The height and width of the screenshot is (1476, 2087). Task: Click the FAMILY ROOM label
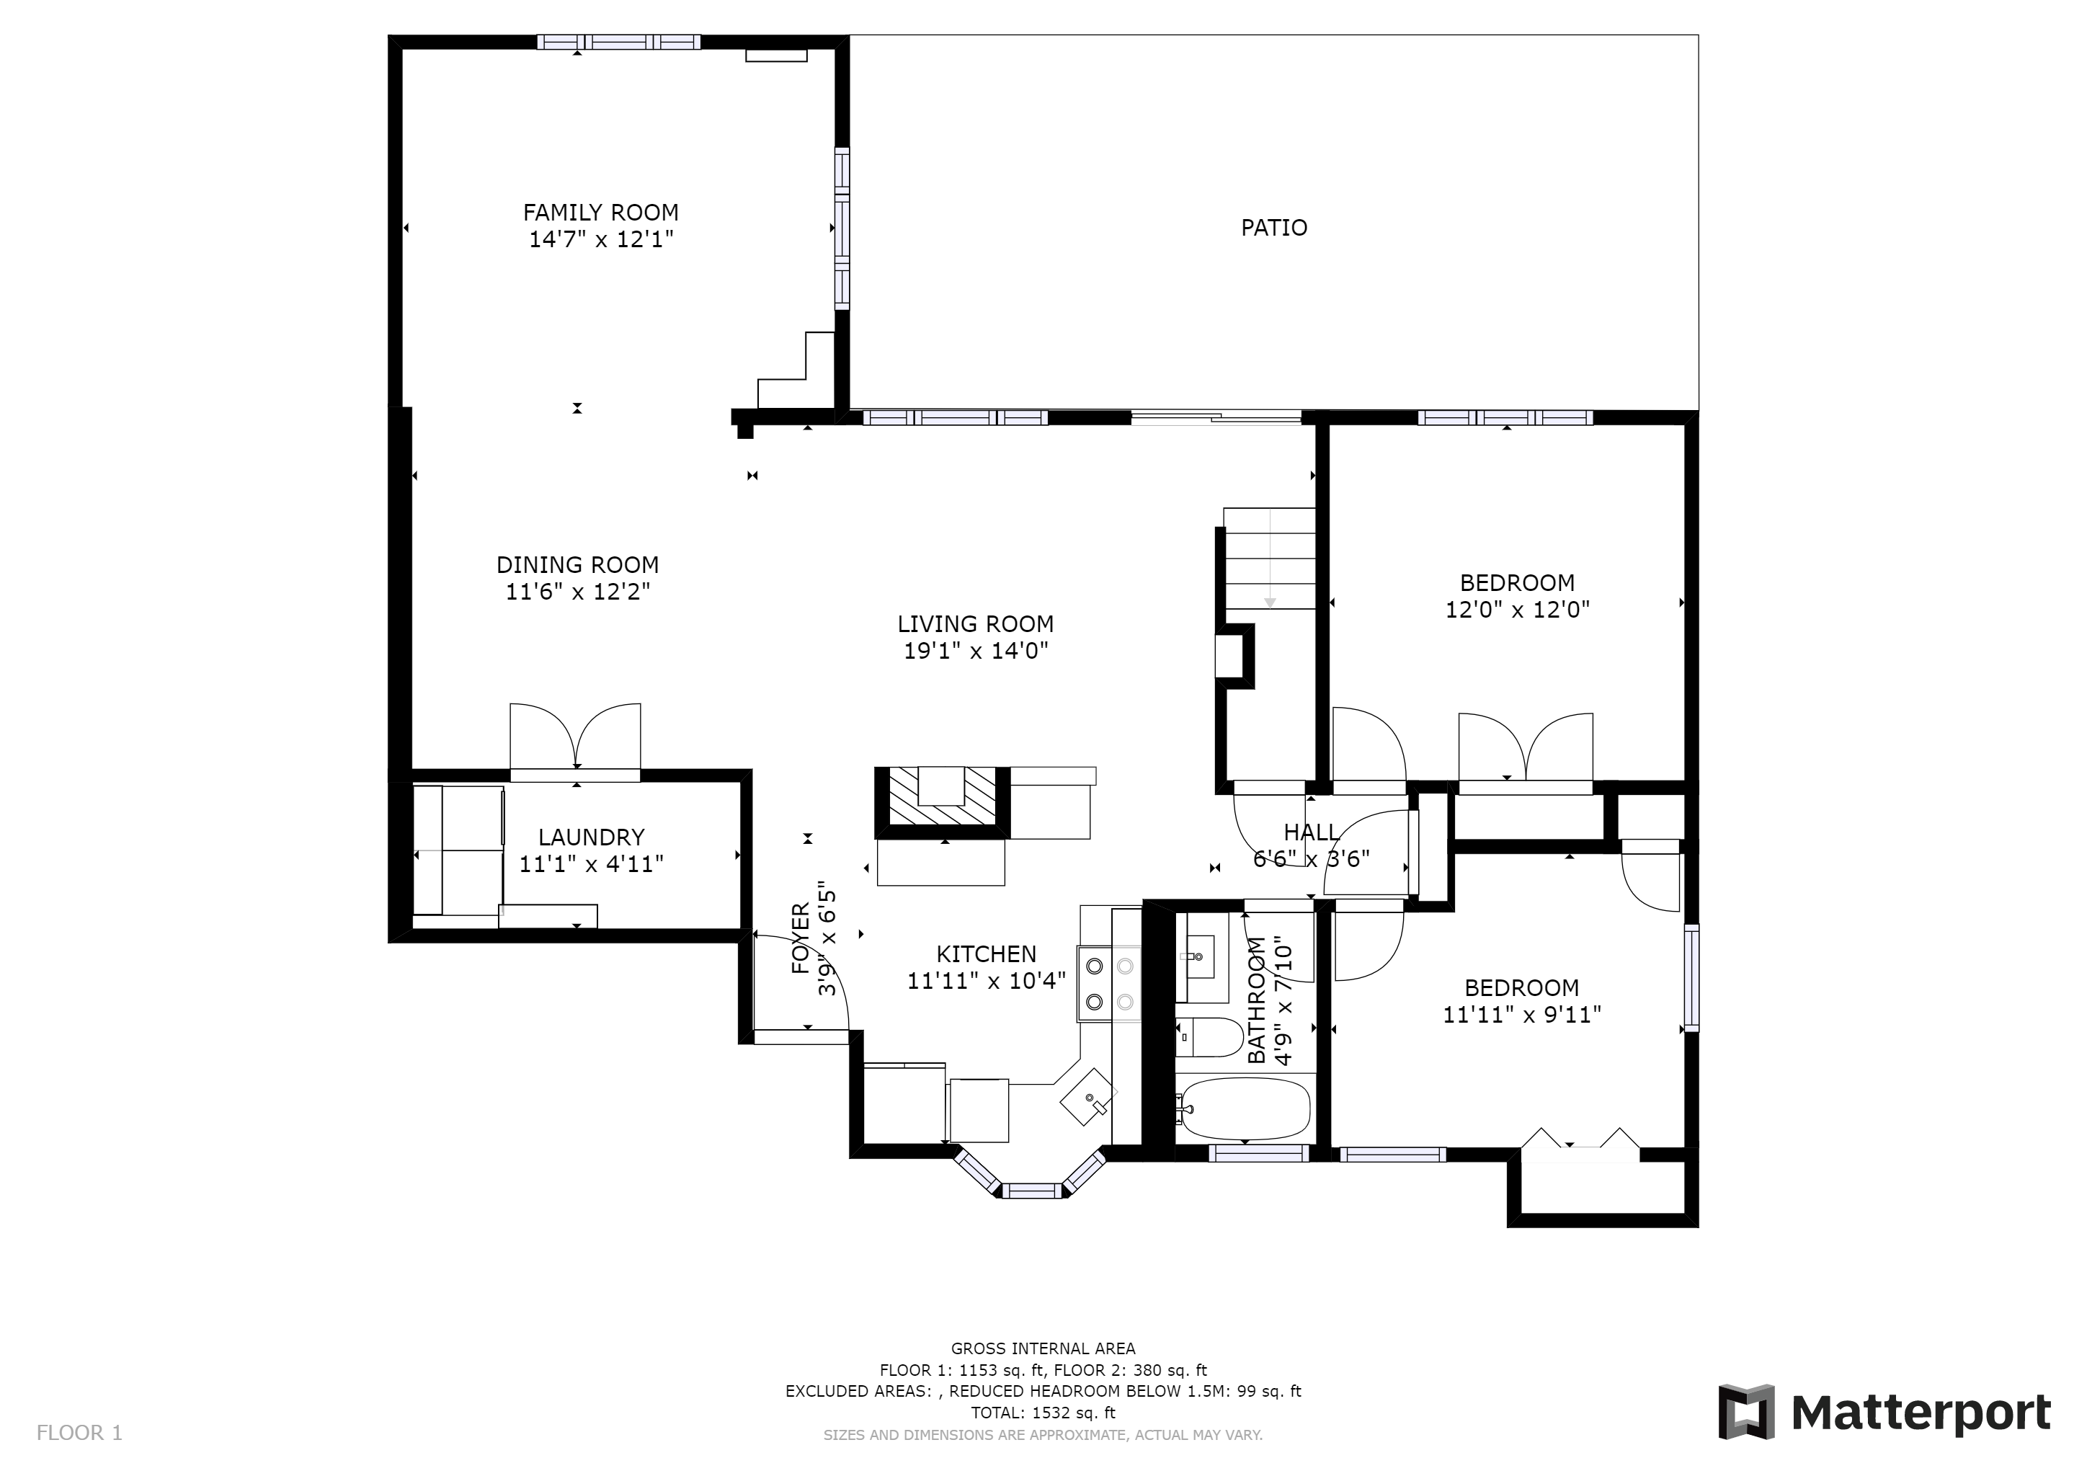[x=601, y=213]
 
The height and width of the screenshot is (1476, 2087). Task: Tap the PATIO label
[x=1274, y=227]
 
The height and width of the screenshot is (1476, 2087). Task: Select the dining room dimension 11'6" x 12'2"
[x=578, y=592]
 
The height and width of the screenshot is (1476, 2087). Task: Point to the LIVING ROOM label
[x=975, y=624]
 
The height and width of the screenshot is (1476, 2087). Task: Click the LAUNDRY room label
[x=592, y=837]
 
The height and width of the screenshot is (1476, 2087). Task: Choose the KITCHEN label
[x=987, y=954]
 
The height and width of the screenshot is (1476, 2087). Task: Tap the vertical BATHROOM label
[x=1257, y=1000]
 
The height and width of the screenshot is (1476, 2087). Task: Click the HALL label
[x=1311, y=832]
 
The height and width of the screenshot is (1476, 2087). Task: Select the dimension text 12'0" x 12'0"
[x=1517, y=610]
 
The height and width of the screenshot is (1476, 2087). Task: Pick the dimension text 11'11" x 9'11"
[x=1521, y=1014]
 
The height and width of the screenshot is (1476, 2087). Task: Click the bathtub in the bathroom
[x=1243, y=1110]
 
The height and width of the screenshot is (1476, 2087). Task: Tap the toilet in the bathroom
[x=1210, y=1037]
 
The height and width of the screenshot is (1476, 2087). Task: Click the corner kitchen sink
[x=1088, y=1097]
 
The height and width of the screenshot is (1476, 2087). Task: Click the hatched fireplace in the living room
[x=942, y=797]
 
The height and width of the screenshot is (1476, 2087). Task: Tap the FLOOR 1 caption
[x=79, y=1433]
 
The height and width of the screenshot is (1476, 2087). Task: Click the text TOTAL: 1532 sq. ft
[x=1043, y=1413]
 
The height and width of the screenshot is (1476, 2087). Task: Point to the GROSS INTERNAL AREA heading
[x=1043, y=1348]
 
